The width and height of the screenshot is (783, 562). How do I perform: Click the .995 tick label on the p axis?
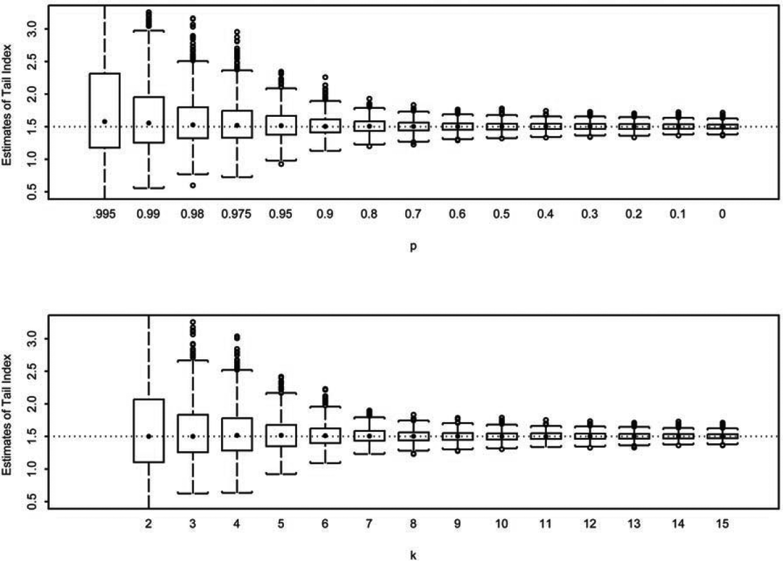tap(104, 214)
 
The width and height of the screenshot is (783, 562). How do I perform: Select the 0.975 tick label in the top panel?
tap(237, 214)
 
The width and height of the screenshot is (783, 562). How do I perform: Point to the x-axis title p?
tap(413, 248)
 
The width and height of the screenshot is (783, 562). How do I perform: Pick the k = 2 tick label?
tap(149, 524)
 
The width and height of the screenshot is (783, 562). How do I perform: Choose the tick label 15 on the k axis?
tap(722, 524)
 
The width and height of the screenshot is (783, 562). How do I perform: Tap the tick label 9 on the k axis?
tap(457, 524)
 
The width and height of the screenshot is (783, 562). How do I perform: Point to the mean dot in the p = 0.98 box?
tap(193, 125)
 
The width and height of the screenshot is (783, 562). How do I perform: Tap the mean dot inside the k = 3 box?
tap(193, 436)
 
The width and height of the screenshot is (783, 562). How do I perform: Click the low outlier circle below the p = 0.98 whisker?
tap(193, 185)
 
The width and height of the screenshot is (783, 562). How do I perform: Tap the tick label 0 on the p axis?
tap(722, 214)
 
